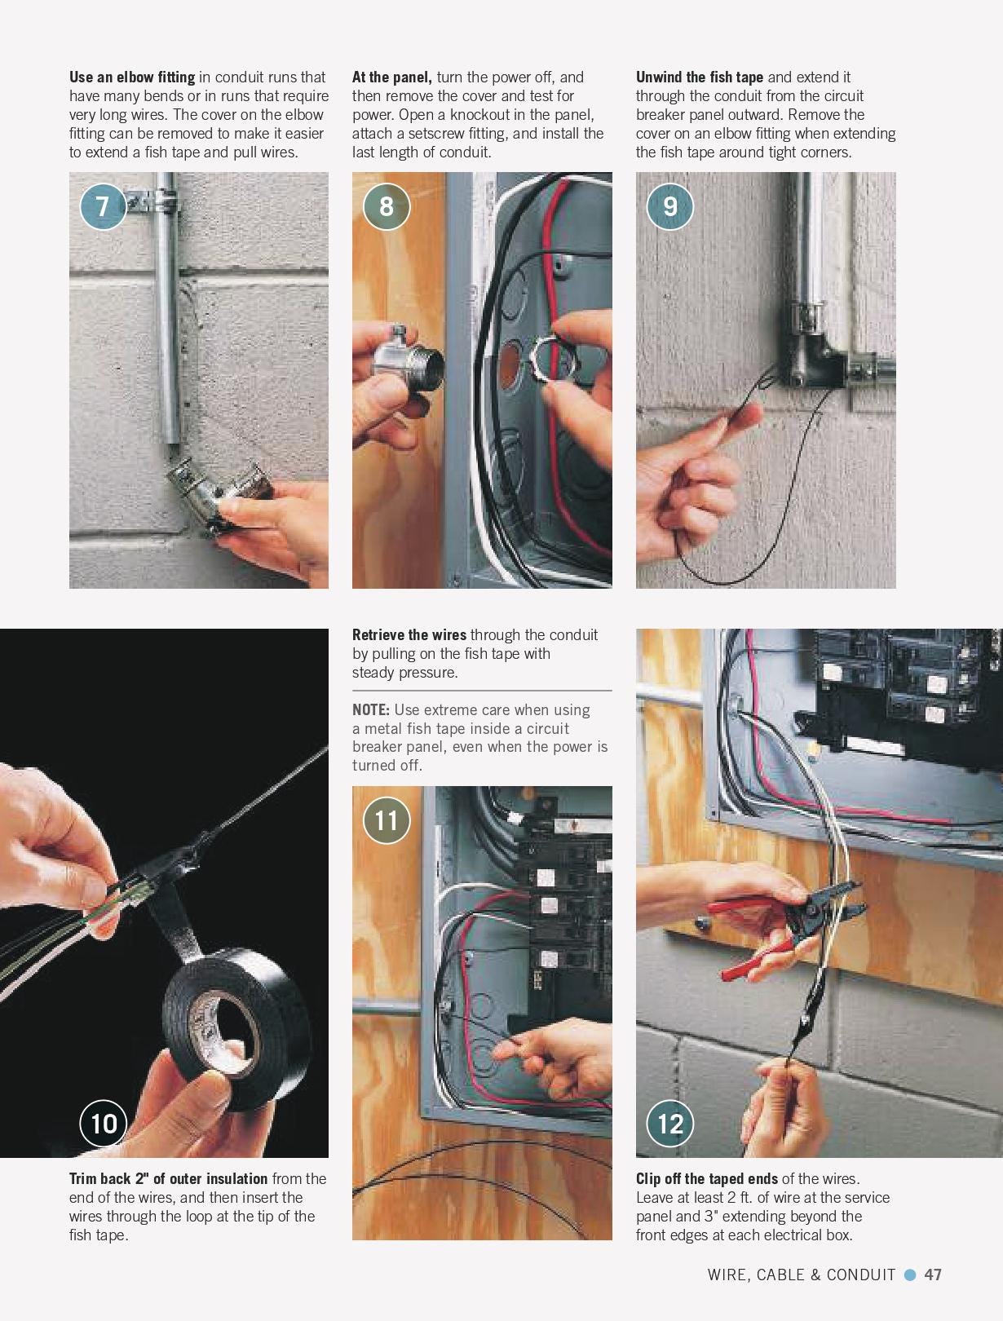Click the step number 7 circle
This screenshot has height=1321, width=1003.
click(103, 205)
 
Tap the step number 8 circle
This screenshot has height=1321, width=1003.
click(386, 205)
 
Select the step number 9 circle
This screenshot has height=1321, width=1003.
click(669, 205)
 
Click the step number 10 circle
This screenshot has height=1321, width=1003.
click(104, 1123)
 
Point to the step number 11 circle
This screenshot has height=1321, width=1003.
click(386, 819)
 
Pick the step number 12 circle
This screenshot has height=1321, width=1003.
click(669, 1123)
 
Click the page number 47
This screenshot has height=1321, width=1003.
click(933, 1275)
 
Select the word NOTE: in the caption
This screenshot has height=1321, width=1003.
click(370, 709)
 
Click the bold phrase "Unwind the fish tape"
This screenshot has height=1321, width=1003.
click(699, 77)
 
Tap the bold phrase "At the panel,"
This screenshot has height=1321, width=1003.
click(391, 77)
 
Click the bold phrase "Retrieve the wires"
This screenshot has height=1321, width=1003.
click(409, 634)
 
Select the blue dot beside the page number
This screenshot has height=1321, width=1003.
click(910, 1275)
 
